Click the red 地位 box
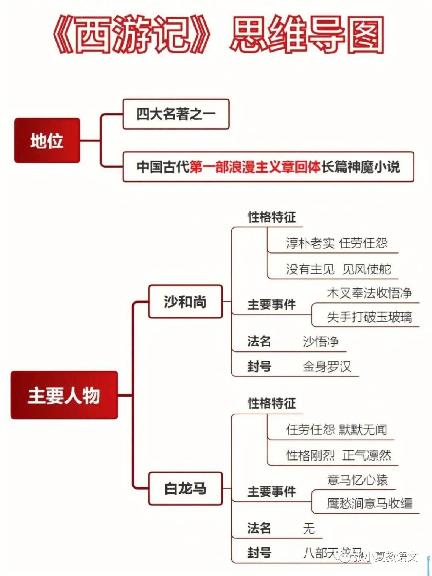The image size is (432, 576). click(47, 140)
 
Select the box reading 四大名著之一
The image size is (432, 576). click(176, 114)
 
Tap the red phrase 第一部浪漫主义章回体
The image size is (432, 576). click(255, 167)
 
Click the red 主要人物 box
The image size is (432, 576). click(64, 395)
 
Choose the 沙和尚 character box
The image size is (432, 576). click(185, 302)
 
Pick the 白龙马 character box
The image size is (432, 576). click(185, 488)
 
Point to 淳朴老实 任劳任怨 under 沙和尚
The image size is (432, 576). click(336, 243)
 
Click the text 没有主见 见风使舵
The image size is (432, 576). click(338, 269)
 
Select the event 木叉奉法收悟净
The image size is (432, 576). click(369, 293)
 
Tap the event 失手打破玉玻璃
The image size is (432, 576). click(369, 317)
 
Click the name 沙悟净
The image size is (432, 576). click(321, 341)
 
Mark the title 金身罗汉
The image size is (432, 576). click(327, 366)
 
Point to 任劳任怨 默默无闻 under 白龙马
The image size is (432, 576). click(336, 429)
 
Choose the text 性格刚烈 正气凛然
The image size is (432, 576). click(338, 455)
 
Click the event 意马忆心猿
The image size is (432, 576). click(357, 480)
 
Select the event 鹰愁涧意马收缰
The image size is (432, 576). click(369, 504)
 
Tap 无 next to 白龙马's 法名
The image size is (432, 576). click(309, 528)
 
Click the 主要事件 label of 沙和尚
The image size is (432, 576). click(271, 305)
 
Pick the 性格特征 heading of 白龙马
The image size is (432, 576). click(272, 403)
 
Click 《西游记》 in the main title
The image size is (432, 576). click(132, 35)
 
